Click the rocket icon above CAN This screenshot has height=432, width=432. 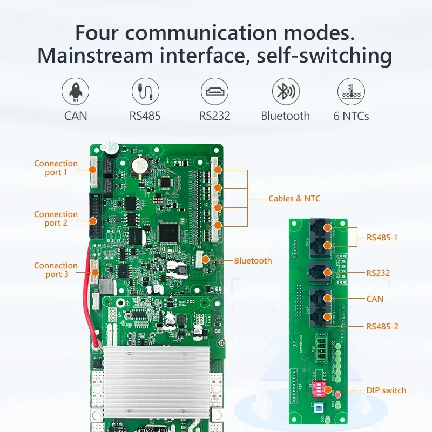[76, 91]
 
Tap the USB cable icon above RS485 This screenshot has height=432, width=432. [145, 91]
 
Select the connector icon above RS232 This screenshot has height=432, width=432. [214, 91]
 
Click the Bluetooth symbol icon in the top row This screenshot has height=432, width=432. [285, 91]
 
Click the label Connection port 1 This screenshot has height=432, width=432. [56, 168]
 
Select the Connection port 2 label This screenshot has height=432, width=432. [56, 219]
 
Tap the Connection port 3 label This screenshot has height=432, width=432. [56, 270]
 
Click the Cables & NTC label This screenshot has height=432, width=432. [294, 199]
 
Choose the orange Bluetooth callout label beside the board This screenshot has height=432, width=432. [253, 261]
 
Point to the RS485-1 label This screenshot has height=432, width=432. [382, 237]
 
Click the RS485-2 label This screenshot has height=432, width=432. [382, 327]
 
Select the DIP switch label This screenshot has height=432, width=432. [386, 390]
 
